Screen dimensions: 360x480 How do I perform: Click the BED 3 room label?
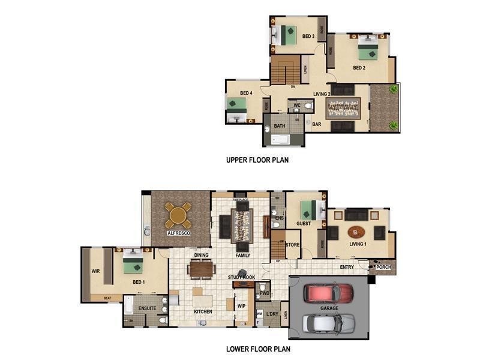tap(308, 37)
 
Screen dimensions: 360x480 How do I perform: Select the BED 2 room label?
tap(359, 68)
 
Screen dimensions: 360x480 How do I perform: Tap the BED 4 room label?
tap(246, 93)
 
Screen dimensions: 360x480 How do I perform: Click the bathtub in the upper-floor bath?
tap(281, 139)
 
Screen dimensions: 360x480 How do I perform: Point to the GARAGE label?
tap(329, 308)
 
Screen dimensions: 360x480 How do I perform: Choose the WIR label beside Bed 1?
tap(95, 271)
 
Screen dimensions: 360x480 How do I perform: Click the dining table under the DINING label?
tap(201, 269)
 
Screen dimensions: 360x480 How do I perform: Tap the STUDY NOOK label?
tap(241, 277)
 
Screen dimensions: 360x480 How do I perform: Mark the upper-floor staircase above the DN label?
tap(284, 70)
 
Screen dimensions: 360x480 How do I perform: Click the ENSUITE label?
tap(147, 308)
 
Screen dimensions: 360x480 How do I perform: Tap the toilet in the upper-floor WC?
tap(308, 106)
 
